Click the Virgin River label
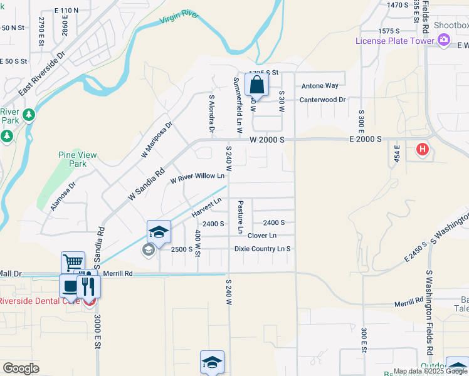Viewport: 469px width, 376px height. click(179, 17)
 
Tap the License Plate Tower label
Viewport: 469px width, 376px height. click(394, 41)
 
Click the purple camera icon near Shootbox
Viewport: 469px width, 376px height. click(445, 40)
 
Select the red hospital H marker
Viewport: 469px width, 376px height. click(423, 150)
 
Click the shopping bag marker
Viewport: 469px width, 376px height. click(256, 85)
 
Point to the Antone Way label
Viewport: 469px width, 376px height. click(320, 86)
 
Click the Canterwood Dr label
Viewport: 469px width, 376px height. click(322, 100)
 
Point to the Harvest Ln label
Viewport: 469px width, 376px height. click(207, 207)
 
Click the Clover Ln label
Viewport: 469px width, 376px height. click(261, 236)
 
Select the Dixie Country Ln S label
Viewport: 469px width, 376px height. click(263, 249)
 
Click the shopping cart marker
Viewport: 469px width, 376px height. click(73, 263)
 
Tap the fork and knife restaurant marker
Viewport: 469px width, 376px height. click(88, 286)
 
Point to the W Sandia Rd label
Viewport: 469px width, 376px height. click(146, 183)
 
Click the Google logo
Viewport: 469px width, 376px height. click(21, 368)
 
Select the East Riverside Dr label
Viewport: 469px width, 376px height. click(42, 73)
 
